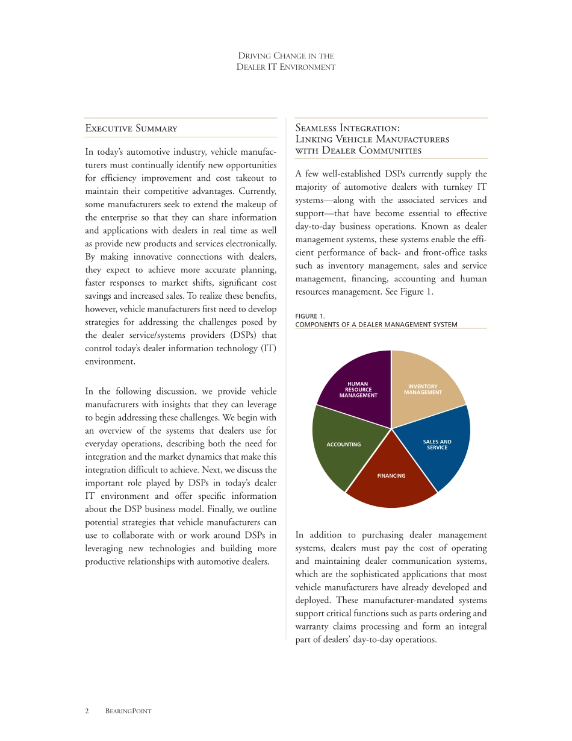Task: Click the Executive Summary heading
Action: click(x=131, y=128)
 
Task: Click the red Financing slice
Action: click(x=391, y=482)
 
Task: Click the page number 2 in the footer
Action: click(x=87, y=711)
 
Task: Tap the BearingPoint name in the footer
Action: click(x=128, y=711)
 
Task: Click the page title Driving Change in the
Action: click(x=286, y=56)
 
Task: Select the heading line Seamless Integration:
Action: click(x=347, y=128)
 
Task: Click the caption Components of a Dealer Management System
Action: click(x=376, y=325)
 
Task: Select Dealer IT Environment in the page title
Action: click(x=286, y=67)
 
